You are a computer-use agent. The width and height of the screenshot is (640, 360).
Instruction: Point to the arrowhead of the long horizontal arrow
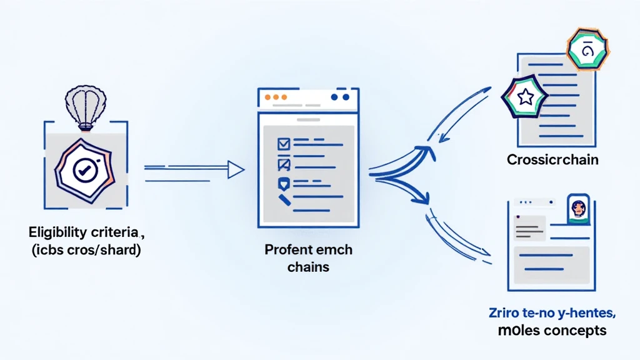235,168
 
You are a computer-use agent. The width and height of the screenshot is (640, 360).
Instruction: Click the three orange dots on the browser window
276,97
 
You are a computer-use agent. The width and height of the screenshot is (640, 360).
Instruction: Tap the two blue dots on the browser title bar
338,97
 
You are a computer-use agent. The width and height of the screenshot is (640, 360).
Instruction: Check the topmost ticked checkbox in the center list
284,144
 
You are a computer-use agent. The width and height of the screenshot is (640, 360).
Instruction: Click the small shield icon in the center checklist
283,184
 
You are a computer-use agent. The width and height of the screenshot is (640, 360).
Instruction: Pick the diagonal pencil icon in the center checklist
284,201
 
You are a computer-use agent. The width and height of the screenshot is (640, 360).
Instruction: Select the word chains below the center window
308,267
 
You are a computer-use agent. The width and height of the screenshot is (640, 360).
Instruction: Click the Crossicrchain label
552,159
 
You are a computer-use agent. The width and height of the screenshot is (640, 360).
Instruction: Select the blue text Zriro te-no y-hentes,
552,312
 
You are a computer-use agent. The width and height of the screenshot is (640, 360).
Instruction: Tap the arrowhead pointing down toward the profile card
425,200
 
